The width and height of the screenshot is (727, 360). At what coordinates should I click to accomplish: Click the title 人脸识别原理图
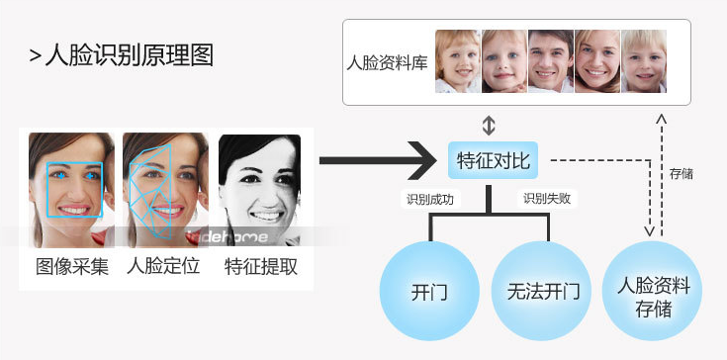click(129, 54)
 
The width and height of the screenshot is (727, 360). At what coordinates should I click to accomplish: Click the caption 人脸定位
click(164, 266)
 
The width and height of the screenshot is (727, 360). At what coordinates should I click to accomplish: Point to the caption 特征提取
click(260, 266)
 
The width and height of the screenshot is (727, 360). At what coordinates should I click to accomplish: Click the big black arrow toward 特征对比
click(377, 159)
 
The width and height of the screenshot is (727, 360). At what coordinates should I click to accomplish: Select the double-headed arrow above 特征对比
click(488, 126)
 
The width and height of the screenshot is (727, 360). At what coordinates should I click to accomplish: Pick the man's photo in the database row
click(550, 61)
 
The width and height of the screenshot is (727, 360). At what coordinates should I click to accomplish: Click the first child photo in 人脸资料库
click(458, 61)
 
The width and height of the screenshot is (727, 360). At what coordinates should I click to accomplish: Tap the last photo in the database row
click(643, 61)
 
